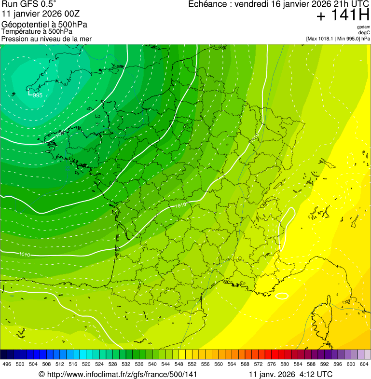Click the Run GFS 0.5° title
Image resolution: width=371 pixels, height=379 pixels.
pyautogui.click(x=29, y=4)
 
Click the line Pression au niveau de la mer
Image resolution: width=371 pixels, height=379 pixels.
pyautogui.click(x=47, y=39)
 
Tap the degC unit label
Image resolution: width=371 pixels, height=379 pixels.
pyautogui.click(x=364, y=32)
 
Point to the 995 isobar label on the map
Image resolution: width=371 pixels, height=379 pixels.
pyautogui.click(x=38, y=95)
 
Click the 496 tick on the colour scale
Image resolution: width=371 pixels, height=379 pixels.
pyautogui.click(x=7, y=364)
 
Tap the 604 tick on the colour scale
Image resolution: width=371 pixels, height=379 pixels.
pyautogui.click(x=364, y=364)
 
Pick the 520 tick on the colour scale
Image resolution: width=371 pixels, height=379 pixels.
pyautogui.click(x=86, y=364)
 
